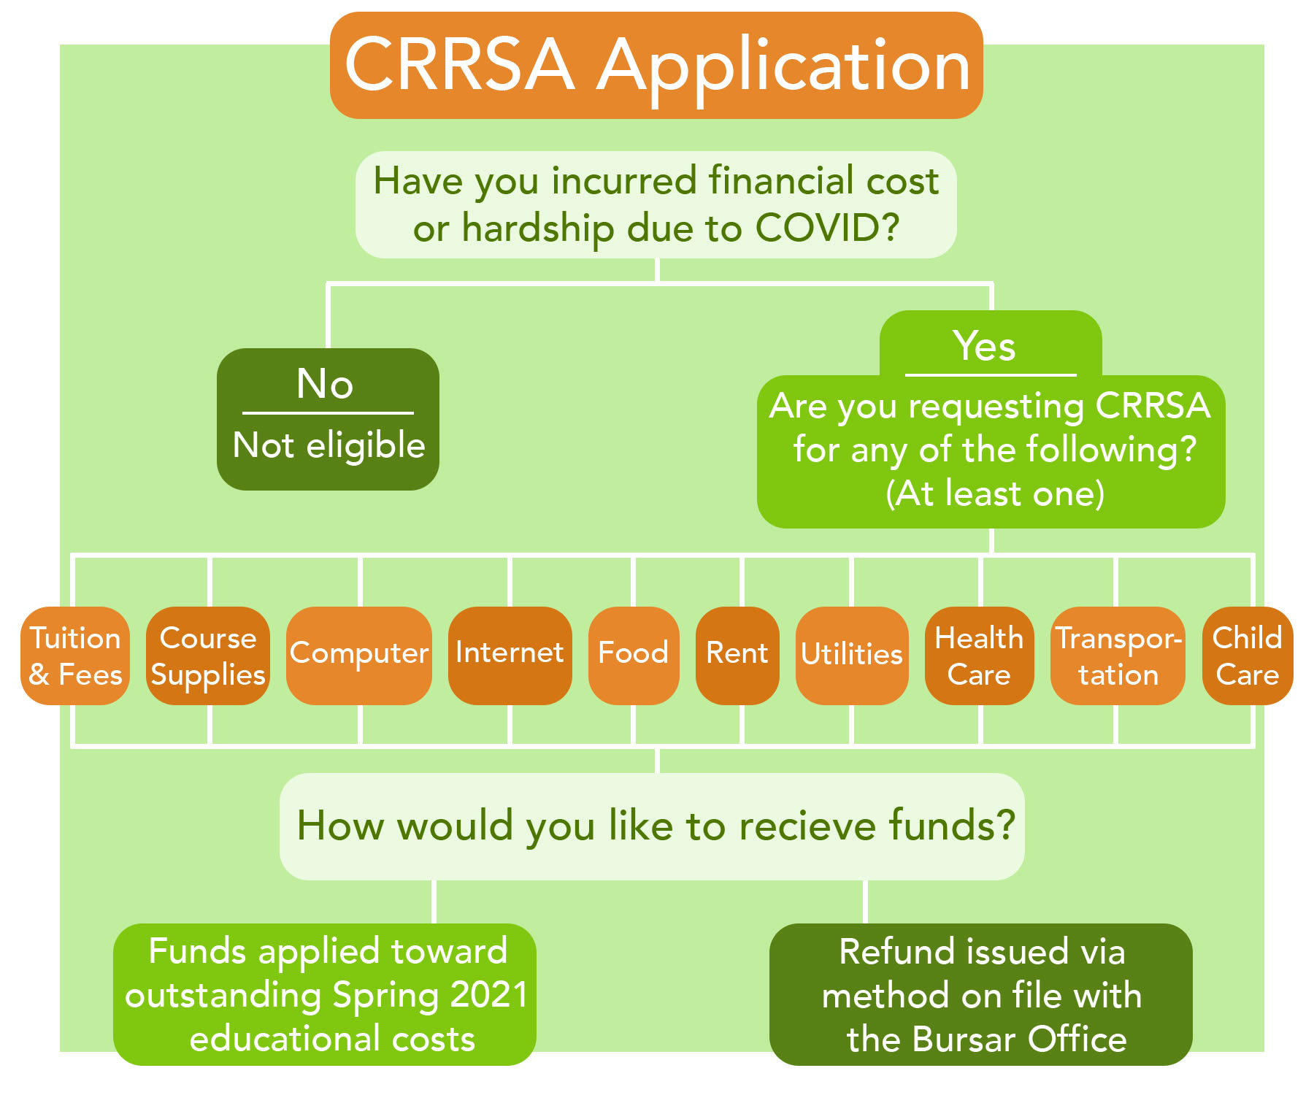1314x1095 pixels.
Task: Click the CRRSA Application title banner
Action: tap(656, 65)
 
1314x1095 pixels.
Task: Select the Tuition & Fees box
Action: tap(75, 656)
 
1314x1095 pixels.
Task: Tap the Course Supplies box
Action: tap(208, 656)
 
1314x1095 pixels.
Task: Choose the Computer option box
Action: tap(359, 656)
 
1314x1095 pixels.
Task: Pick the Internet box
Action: tap(510, 656)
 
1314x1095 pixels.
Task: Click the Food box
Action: tap(634, 656)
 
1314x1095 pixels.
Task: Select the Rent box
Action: tap(737, 656)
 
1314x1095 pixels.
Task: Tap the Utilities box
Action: tap(852, 656)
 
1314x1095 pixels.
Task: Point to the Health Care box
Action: tap(980, 656)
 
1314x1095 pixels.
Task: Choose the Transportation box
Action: tap(1118, 656)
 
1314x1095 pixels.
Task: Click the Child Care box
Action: tap(1248, 656)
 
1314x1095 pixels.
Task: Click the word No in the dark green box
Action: tap(326, 383)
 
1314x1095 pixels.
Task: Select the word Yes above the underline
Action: tap(984, 345)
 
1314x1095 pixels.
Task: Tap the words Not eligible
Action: tap(328, 445)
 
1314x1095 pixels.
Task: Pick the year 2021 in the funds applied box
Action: tap(488, 994)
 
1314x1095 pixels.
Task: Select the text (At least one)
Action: tap(994, 493)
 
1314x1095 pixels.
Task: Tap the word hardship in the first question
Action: tap(538, 228)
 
